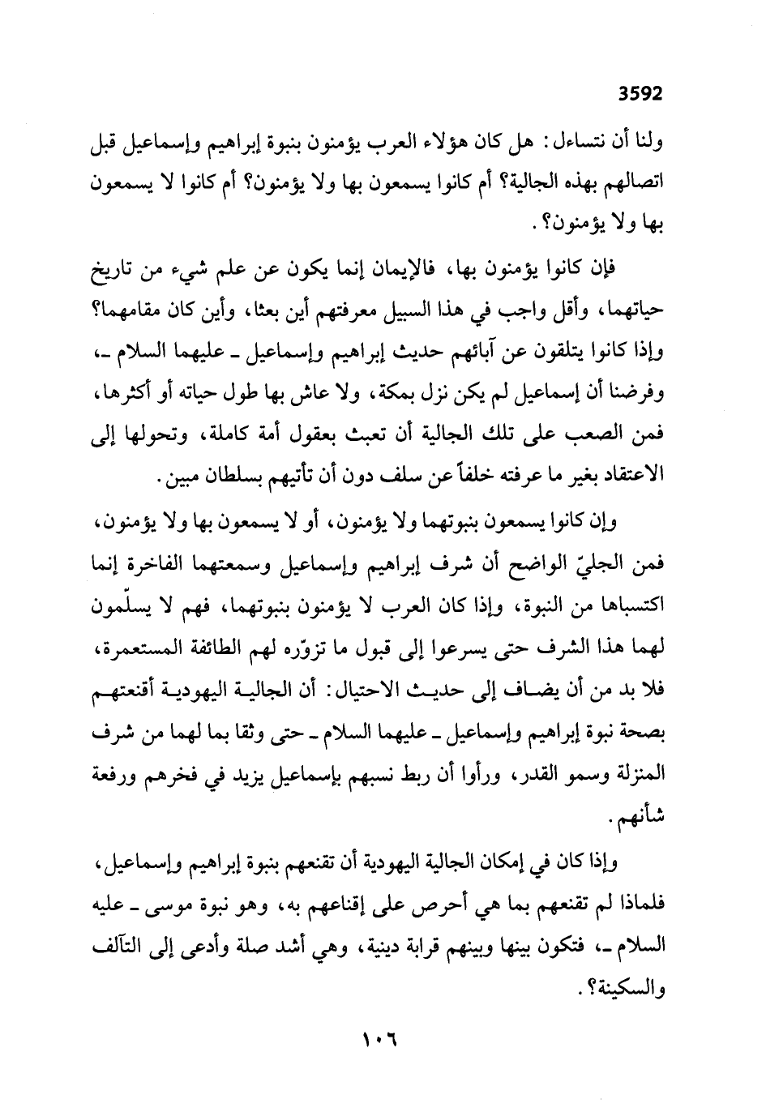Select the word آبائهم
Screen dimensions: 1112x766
(484, 352)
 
